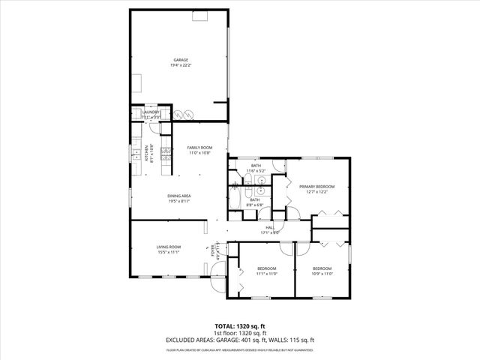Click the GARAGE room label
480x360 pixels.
click(x=181, y=59)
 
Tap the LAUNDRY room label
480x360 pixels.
click(x=151, y=112)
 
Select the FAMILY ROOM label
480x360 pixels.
click(x=199, y=148)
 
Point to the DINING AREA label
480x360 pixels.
click(x=178, y=196)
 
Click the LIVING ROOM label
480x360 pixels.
click(x=169, y=247)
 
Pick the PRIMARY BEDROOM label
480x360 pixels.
click(x=316, y=186)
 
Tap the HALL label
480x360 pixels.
click(x=270, y=227)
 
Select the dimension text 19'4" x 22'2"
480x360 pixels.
click(x=181, y=65)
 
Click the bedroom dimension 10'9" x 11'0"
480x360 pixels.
click(x=322, y=274)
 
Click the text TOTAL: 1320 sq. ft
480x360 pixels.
click(x=240, y=326)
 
